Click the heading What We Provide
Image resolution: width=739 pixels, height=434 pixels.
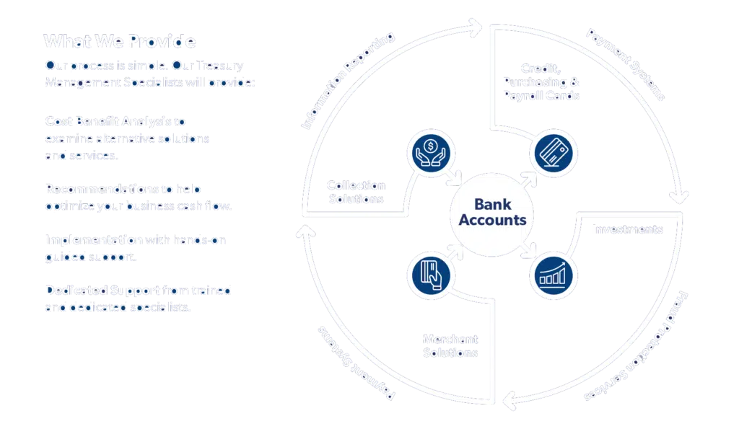(119, 41)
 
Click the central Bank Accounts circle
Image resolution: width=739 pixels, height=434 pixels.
(492, 213)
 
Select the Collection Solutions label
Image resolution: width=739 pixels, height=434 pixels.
(355, 192)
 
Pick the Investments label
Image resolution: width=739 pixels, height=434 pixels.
(626, 230)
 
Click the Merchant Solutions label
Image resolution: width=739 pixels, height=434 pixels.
(450, 346)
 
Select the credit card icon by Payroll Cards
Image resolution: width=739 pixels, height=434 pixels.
(554, 154)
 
